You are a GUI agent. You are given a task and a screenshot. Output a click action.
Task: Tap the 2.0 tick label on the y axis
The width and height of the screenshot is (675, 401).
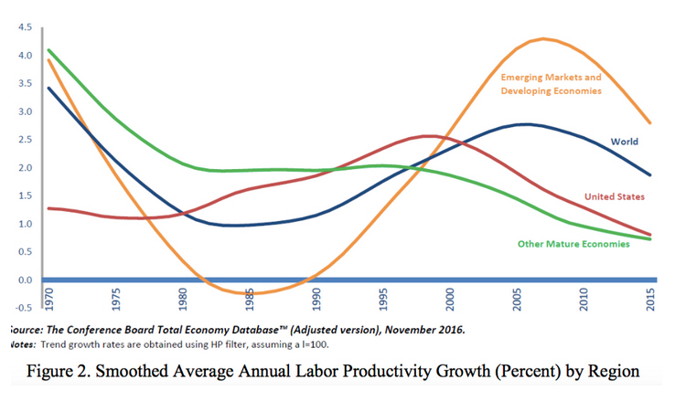24,168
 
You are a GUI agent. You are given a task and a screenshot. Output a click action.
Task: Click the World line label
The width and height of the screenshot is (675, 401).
624,142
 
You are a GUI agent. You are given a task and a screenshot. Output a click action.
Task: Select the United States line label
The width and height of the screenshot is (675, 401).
614,196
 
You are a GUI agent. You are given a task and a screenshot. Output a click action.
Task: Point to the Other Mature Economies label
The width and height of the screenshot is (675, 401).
573,244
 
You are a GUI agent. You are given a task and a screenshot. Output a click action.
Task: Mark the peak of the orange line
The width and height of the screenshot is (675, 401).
544,38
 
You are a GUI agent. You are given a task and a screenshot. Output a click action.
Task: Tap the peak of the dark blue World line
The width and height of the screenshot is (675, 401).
524,124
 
